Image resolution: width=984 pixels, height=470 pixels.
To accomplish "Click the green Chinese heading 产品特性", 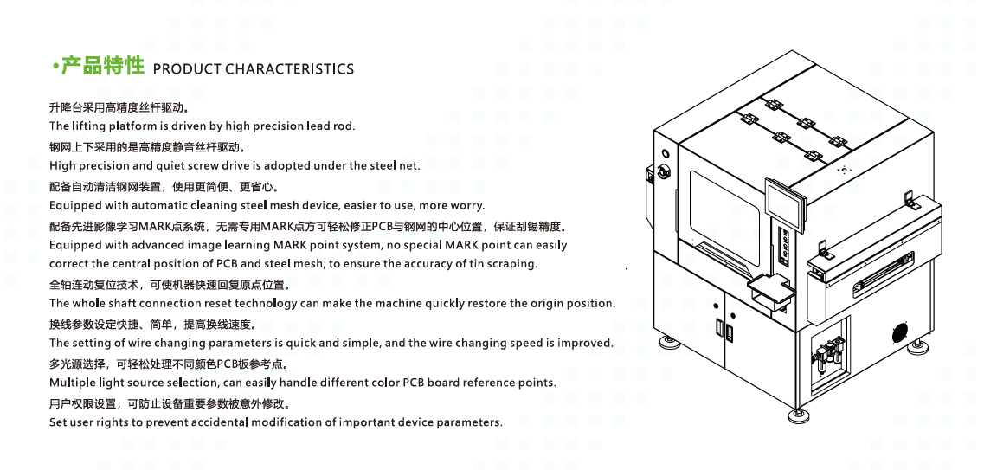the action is (103, 65).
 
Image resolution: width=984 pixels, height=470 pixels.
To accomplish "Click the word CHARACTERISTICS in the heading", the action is (289, 69).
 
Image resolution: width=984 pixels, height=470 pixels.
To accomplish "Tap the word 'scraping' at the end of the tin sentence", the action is (515, 264).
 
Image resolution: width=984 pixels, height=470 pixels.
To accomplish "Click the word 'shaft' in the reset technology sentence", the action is (120, 303).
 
